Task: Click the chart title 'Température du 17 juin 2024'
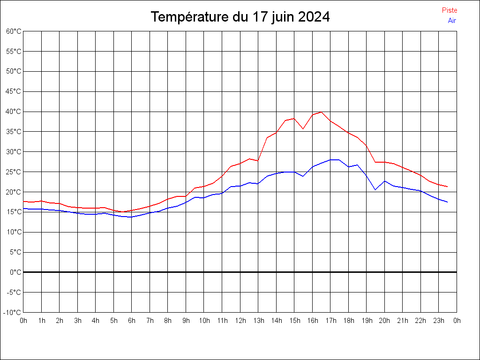tap(240, 17)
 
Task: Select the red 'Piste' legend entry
tap(450, 10)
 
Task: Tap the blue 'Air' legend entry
tap(452, 21)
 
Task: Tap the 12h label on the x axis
tap(240, 321)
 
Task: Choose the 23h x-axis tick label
tap(439, 321)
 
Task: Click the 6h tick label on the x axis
tap(132, 321)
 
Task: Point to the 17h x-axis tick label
tap(330, 321)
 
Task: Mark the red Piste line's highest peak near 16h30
tap(321, 112)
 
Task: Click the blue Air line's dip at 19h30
tap(375, 189)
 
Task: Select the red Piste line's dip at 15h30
tap(303, 128)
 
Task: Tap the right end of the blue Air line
tap(448, 202)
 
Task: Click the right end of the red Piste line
tap(448, 187)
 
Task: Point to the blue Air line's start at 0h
tap(23, 209)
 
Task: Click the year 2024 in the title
tap(314, 17)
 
